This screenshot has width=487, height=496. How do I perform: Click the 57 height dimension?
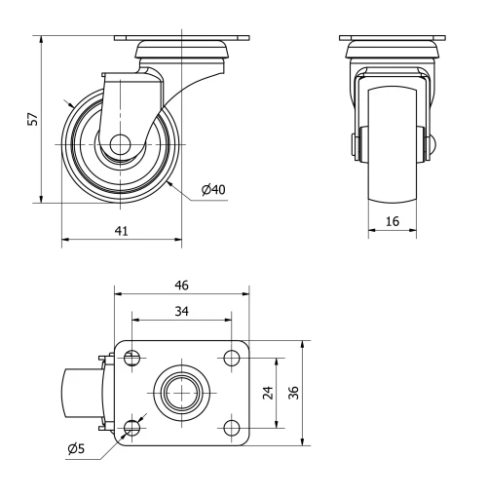point(32,119)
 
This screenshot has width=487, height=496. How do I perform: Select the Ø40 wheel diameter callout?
point(214,189)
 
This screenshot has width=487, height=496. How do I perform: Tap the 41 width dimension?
point(121,231)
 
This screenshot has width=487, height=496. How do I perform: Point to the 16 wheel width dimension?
point(392,222)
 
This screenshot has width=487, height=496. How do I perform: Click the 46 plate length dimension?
point(181,285)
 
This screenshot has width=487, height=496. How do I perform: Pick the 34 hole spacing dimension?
point(181,311)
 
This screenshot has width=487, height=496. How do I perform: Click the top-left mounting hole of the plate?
point(132,359)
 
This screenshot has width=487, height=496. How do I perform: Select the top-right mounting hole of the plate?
point(231,359)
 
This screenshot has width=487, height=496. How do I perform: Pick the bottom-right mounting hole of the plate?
point(231,428)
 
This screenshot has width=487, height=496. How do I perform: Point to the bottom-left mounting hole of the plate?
point(132,428)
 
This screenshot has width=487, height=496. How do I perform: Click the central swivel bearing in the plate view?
point(181,394)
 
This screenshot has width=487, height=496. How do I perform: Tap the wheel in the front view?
point(392,146)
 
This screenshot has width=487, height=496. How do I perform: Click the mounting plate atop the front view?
point(392,39)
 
